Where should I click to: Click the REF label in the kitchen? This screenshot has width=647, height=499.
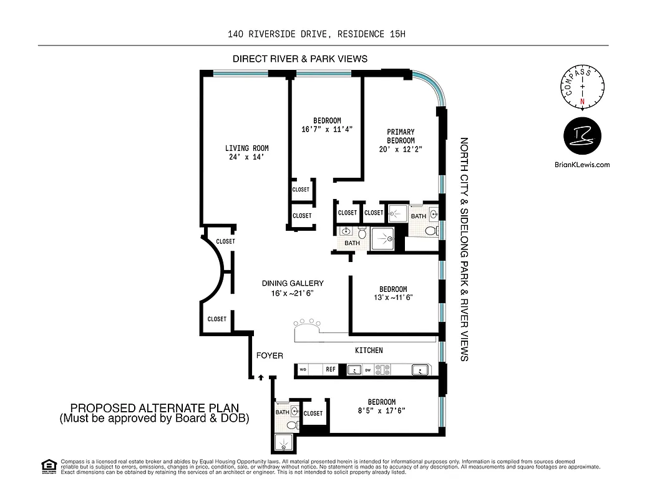tap(330, 369)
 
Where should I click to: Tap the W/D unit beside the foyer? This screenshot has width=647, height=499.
tap(303, 369)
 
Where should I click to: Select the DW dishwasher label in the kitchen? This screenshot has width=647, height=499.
tap(368, 370)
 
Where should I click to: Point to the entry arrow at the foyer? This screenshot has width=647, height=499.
tap(261, 377)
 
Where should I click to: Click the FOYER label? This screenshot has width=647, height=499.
tap(270, 356)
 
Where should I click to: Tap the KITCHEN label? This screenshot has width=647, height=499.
tap(369, 351)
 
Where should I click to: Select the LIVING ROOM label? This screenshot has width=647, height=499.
tap(246, 148)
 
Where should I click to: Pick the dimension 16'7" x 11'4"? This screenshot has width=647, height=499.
tap(327, 129)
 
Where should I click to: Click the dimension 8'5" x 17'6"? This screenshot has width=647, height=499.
tap(381, 411)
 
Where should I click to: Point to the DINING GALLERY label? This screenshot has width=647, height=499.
tap(293, 283)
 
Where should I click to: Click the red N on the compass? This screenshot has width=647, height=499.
tap(583, 101)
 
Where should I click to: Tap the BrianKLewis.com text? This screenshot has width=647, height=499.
tap(581, 165)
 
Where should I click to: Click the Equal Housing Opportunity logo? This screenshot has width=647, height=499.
tap(48, 465)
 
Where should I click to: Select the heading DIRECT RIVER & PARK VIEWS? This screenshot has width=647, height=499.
tap(299, 59)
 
